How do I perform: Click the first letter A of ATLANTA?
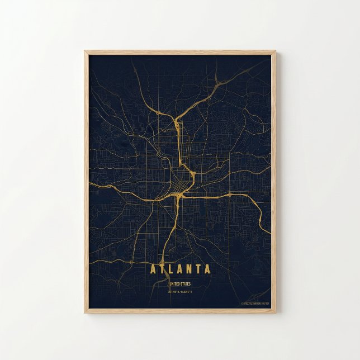tap(153, 269)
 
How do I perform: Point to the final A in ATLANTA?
tap(207, 269)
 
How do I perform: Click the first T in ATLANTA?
tap(162, 269)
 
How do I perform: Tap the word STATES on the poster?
tap(187, 283)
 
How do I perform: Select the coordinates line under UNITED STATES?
tap(180, 291)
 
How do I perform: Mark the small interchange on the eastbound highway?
tap(229, 195)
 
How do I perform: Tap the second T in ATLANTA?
tap(198, 269)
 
